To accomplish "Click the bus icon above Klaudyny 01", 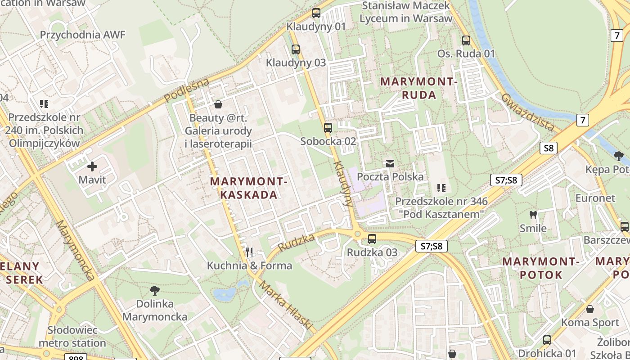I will coord(316,13).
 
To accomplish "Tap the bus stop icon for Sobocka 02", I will coord(328,128).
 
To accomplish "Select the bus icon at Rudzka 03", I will coord(372,239).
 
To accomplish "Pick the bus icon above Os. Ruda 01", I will coord(466,40).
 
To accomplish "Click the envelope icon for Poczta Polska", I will coord(390,163).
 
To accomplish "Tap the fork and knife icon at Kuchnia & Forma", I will coord(249,252).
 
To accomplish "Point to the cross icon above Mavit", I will coord(92,166).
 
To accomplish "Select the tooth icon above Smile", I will coord(533,215).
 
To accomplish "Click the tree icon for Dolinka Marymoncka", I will coord(155,290).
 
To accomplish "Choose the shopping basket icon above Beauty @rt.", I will coord(218,105).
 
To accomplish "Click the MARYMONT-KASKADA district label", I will coord(248,188).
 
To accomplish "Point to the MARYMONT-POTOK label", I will coord(540,268).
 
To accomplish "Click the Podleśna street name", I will coord(187,90).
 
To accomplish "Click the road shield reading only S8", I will coord(549,148).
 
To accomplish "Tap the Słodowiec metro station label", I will coord(72,336).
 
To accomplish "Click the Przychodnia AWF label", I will coord(83,35).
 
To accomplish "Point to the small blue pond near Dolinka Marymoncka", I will coord(225,294).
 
